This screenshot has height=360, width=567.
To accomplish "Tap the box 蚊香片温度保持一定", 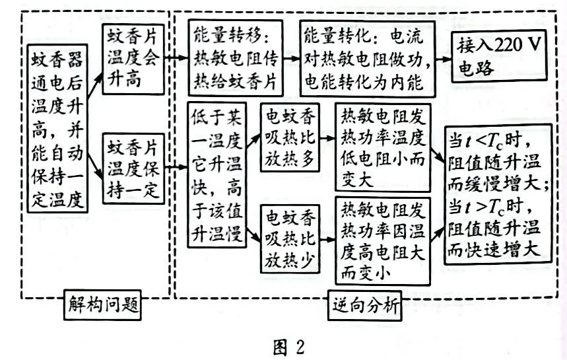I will pos(133,168).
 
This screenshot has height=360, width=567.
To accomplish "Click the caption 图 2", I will pos(286,345).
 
